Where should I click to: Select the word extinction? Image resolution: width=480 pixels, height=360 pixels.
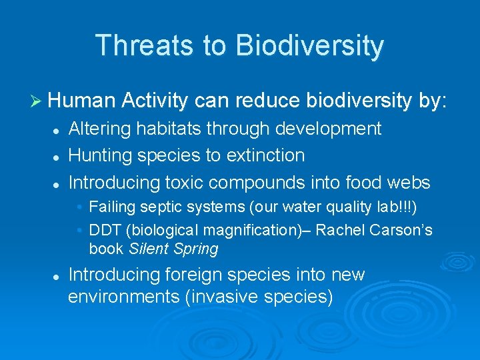[265, 155]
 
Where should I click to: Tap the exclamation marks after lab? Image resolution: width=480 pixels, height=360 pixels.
[406, 207]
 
